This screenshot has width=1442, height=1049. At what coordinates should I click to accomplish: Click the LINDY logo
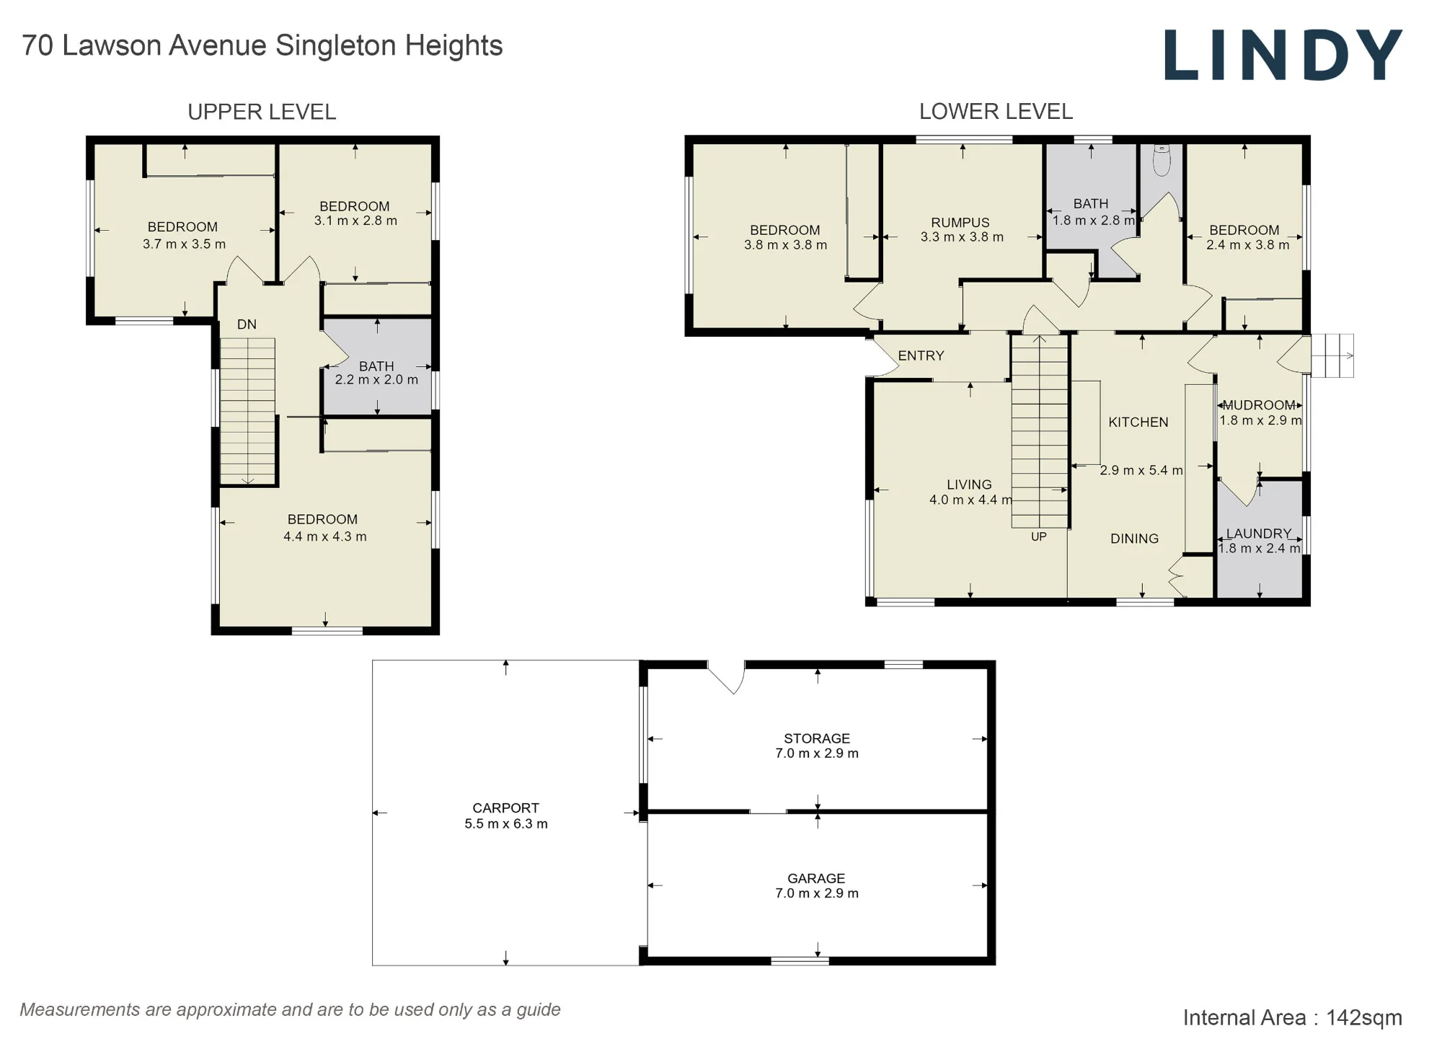point(1283,55)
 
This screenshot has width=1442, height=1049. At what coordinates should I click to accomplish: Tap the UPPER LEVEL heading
point(262,112)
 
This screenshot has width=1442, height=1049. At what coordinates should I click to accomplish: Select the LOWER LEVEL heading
point(996,112)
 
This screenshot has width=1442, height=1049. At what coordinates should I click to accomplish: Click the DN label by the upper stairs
point(247,324)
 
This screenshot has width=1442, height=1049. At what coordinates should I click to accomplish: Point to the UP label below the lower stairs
point(1038,536)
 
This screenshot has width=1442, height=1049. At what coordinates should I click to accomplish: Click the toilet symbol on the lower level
point(1162,160)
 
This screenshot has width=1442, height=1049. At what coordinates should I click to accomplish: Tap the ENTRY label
point(921,355)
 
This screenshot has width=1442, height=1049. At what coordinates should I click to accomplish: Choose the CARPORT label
point(505,808)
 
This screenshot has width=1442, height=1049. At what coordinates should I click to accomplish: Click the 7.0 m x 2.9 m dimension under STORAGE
point(817,753)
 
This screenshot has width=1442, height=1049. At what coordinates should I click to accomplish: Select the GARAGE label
point(816,878)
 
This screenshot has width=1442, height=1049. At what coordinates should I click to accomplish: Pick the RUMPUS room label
point(960,223)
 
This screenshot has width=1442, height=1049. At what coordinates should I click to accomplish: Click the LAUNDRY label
point(1259,534)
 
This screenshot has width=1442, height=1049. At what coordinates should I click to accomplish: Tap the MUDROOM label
point(1259,405)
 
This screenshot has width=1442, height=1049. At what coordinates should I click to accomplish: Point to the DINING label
point(1134,539)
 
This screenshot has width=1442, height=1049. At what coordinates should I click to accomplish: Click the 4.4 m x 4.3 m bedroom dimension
point(325,536)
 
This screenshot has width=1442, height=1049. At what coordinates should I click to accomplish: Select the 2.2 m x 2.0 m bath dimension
point(376,380)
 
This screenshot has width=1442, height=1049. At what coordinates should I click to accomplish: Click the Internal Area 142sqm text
point(1292,1017)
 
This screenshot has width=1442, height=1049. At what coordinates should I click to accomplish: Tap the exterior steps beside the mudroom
point(1332,355)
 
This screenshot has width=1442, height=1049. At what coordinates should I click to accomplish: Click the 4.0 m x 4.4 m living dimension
point(970,500)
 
